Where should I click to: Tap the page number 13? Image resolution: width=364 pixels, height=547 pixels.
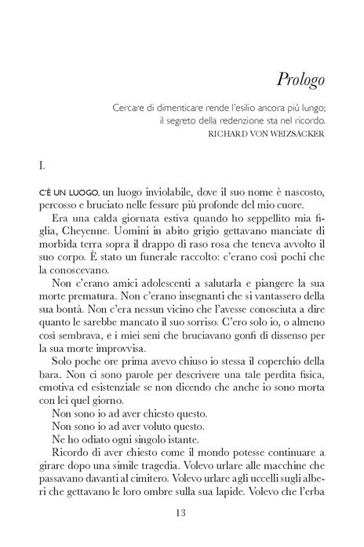[181, 514]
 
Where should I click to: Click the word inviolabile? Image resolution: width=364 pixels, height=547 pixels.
[155, 193]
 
